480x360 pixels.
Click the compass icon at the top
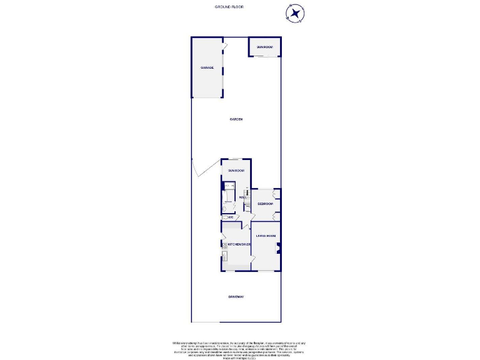(x=296, y=12)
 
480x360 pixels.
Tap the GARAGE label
(x=207, y=67)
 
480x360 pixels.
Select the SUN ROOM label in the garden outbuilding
(x=265, y=47)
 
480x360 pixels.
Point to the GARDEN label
(x=236, y=119)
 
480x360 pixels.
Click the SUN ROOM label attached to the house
(x=236, y=170)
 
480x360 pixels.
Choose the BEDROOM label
(x=265, y=204)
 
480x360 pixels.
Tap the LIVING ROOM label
(x=266, y=236)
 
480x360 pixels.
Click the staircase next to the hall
(x=247, y=194)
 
